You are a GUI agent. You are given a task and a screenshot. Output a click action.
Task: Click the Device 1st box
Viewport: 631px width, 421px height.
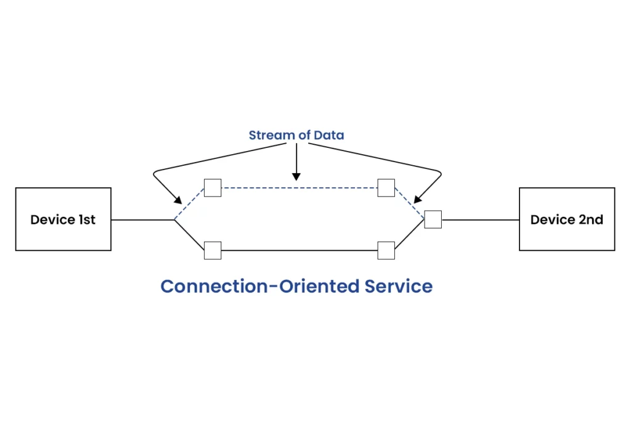[63, 219]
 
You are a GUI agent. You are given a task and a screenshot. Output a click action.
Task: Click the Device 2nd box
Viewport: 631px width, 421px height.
[566, 219]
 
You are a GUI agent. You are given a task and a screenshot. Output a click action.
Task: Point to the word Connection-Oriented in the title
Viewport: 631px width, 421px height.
[259, 287]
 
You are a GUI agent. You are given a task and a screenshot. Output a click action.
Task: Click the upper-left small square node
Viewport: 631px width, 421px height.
[213, 188]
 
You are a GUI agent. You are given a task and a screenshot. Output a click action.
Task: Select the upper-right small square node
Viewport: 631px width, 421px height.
[386, 188]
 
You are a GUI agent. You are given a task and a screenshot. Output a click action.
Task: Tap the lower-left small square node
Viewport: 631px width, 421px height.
[213, 251]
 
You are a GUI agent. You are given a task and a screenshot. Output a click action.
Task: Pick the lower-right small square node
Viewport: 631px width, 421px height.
[386, 251]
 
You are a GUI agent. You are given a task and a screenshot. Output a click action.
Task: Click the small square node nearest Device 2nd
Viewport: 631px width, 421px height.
[433, 219]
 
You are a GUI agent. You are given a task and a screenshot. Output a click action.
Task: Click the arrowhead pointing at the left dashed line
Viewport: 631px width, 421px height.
[177, 201]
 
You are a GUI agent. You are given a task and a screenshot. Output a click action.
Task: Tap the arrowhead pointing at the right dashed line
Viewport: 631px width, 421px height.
[417, 200]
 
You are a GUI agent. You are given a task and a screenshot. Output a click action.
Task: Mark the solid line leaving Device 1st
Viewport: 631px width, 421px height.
[142, 219]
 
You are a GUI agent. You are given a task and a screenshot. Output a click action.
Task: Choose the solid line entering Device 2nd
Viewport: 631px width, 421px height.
[481, 219]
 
